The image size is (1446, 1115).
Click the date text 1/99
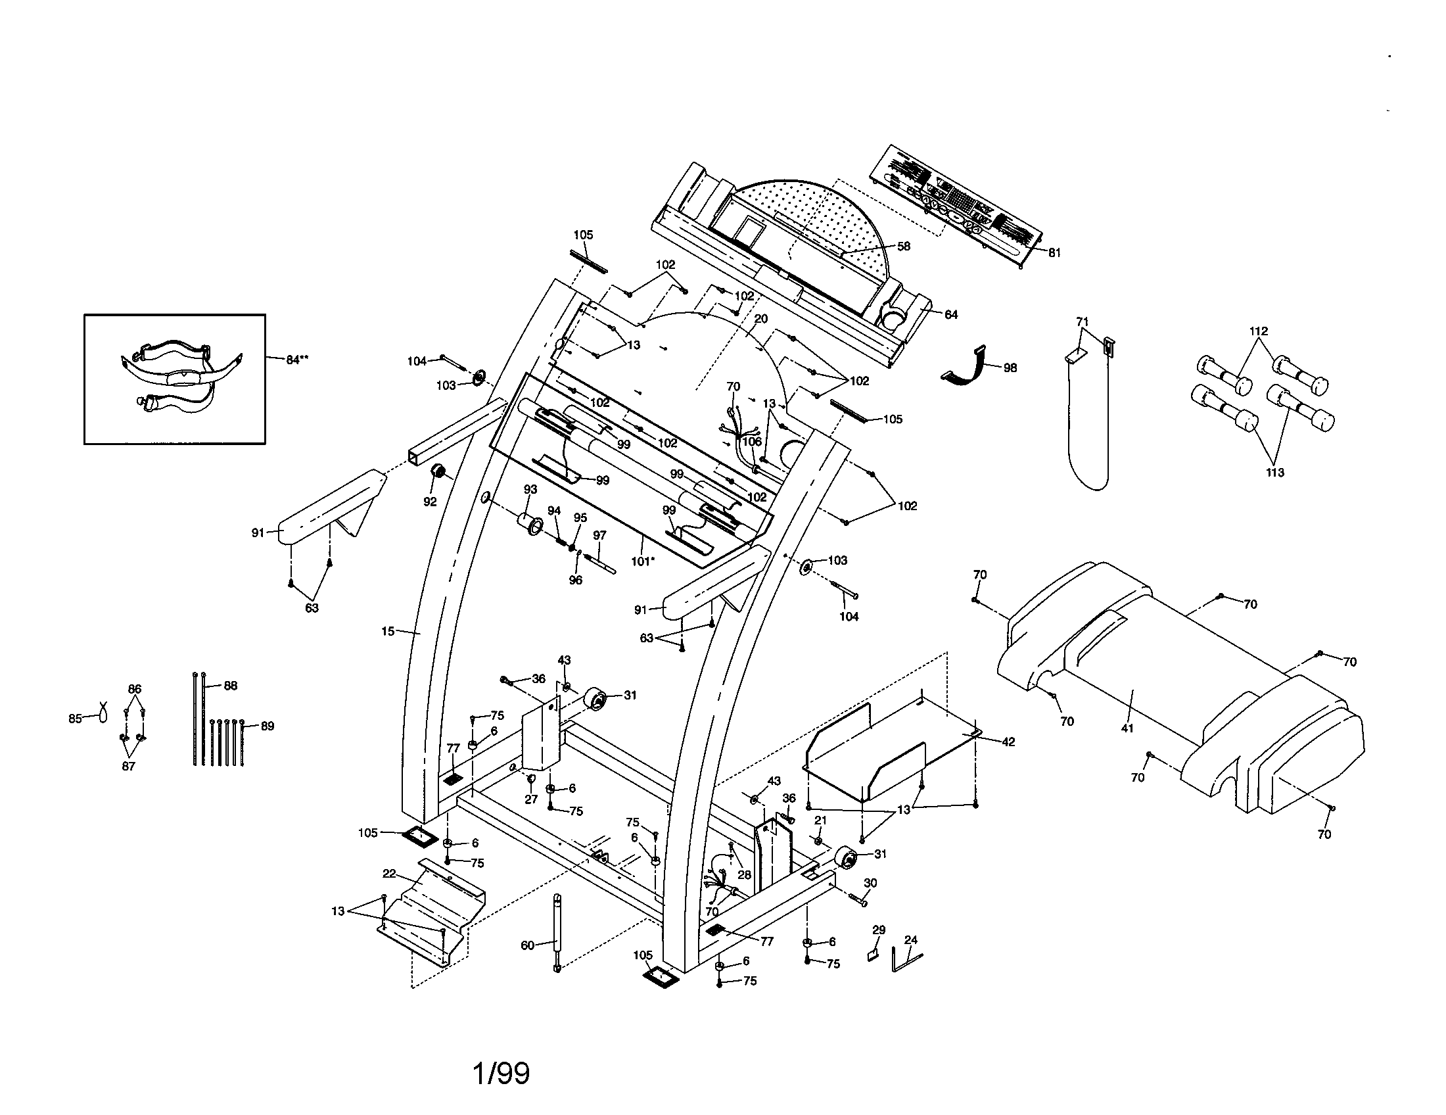click(x=501, y=1074)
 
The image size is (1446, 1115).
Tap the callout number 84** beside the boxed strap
click(x=297, y=360)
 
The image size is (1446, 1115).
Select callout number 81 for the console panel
click(x=1054, y=252)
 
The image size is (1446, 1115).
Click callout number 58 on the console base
click(x=903, y=247)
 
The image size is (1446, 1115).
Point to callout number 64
click(x=951, y=314)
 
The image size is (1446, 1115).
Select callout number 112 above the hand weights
click(x=1258, y=331)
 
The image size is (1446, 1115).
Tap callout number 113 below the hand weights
click(x=1274, y=472)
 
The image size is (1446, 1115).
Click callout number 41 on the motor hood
click(x=1127, y=728)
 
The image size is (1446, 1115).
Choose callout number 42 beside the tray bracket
click(x=1008, y=742)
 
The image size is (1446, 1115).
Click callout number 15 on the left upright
click(x=388, y=631)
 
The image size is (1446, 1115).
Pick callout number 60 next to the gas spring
click(x=527, y=945)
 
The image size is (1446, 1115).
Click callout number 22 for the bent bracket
click(x=389, y=874)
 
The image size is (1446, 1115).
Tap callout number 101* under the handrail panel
click(x=642, y=561)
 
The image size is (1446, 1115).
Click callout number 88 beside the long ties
click(x=230, y=686)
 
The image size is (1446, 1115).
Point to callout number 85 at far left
click(x=75, y=719)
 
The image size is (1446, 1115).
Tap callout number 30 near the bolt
click(x=870, y=882)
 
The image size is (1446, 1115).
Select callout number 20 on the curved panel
click(x=760, y=318)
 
